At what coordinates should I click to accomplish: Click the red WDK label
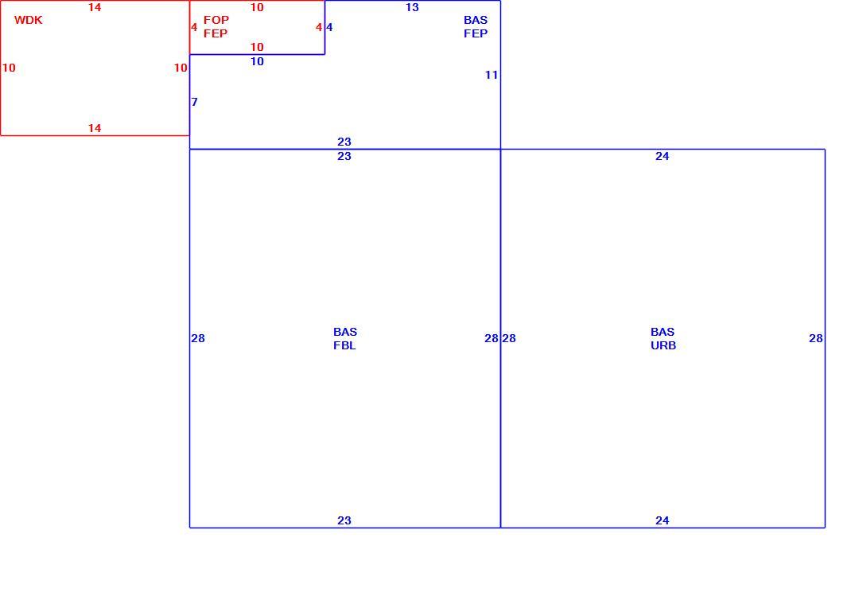click(28, 20)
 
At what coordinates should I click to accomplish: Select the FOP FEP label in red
click(216, 26)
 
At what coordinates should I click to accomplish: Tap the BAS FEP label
click(476, 26)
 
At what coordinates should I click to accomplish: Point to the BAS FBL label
click(345, 338)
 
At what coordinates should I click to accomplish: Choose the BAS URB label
click(663, 338)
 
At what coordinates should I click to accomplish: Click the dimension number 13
click(412, 8)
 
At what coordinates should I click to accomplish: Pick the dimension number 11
click(492, 75)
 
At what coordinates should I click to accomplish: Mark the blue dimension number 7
click(194, 102)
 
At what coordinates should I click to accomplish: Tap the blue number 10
click(257, 61)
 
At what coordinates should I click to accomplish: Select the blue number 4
click(329, 27)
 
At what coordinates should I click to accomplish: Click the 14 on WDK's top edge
click(95, 8)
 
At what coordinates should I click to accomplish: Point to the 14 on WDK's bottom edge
click(95, 128)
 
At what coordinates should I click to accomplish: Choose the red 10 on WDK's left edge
click(9, 68)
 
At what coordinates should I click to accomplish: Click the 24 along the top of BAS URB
click(663, 157)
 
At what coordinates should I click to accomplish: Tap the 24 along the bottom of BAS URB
click(663, 521)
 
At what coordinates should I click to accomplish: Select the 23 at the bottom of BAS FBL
click(344, 521)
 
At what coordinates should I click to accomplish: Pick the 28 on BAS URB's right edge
click(816, 338)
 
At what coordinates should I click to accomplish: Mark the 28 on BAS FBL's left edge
click(198, 338)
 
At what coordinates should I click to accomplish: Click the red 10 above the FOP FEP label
click(257, 8)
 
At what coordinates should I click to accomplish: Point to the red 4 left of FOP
click(194, 27)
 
